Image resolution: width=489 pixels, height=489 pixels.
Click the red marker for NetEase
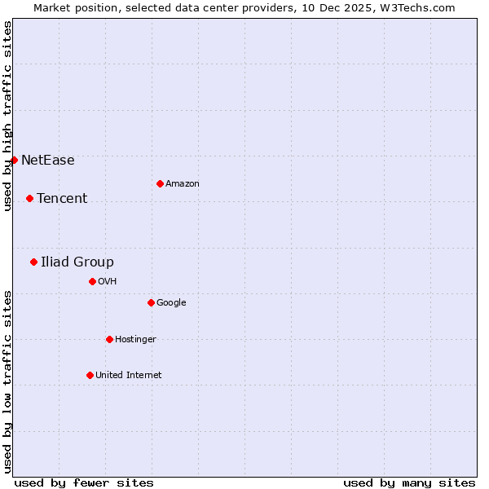point(14,160)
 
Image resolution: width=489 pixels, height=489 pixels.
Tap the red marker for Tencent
point(29,198)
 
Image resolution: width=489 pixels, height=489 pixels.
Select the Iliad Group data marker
point(33,262)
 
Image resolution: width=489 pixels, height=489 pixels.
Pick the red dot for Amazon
point(160,183)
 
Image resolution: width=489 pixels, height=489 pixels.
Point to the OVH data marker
point(92,281)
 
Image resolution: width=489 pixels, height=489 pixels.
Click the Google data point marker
point(151,302)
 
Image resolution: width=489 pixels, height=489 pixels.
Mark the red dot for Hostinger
point(109,339)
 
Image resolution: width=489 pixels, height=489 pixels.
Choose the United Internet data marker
point(90,375)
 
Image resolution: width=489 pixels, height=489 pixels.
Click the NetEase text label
point(48,160)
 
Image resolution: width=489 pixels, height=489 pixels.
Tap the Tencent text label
point(62,198)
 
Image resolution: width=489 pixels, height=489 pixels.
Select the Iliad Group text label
point(77,262)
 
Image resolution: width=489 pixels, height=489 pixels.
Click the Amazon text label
point(183,183)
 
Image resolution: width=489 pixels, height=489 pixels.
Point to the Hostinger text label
point(135,339)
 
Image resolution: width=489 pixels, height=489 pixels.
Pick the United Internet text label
point(129,375)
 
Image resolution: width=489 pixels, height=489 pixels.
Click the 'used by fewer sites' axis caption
point(84,482)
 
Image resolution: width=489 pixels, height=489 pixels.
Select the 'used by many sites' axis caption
point(409,482)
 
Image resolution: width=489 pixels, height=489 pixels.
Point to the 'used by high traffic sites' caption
point(7,116)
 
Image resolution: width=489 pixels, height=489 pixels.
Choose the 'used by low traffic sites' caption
point(7,381)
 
